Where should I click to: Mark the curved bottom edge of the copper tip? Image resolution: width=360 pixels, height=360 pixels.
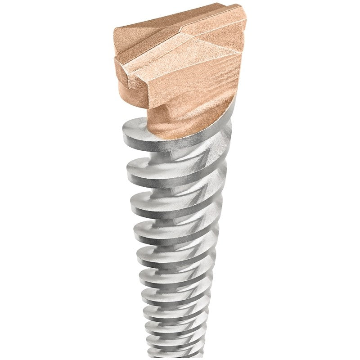pyautogui.click(x=189, y=135)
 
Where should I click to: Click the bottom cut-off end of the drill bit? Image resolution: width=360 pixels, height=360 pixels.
pyautogui.click(x=175, y=355)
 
